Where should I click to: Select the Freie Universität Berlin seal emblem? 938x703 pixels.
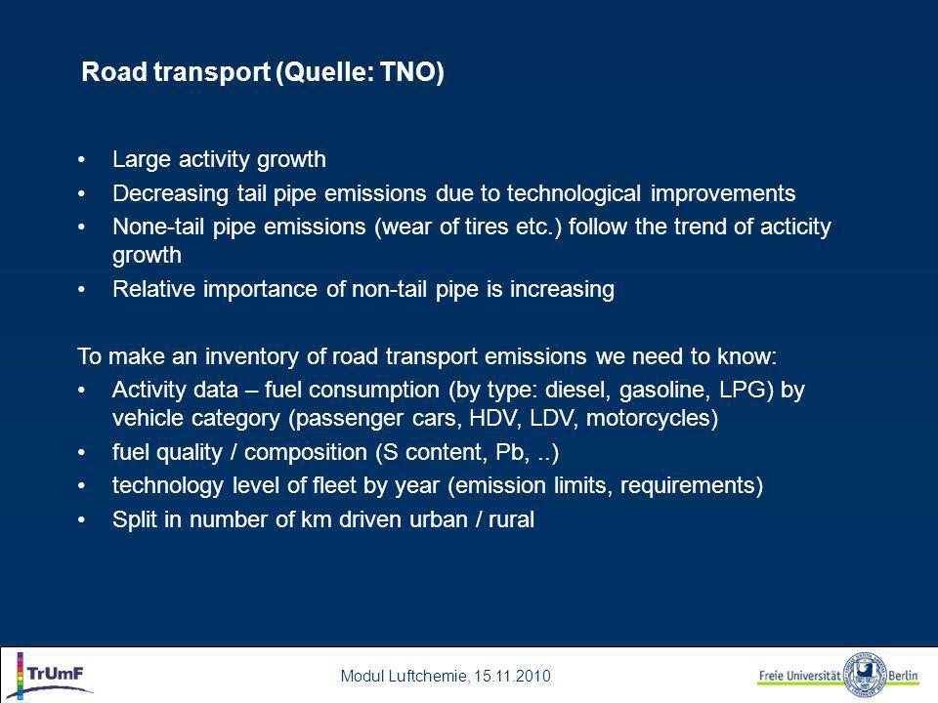tap(865, 676)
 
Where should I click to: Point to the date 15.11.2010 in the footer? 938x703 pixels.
tap(512, 676)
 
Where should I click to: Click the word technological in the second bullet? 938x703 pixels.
tap(574, 193)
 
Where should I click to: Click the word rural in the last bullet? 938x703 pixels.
tap(511, 519)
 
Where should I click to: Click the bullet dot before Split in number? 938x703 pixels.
tap(81, 520)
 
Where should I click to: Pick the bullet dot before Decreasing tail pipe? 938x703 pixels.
tap(81, 194)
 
